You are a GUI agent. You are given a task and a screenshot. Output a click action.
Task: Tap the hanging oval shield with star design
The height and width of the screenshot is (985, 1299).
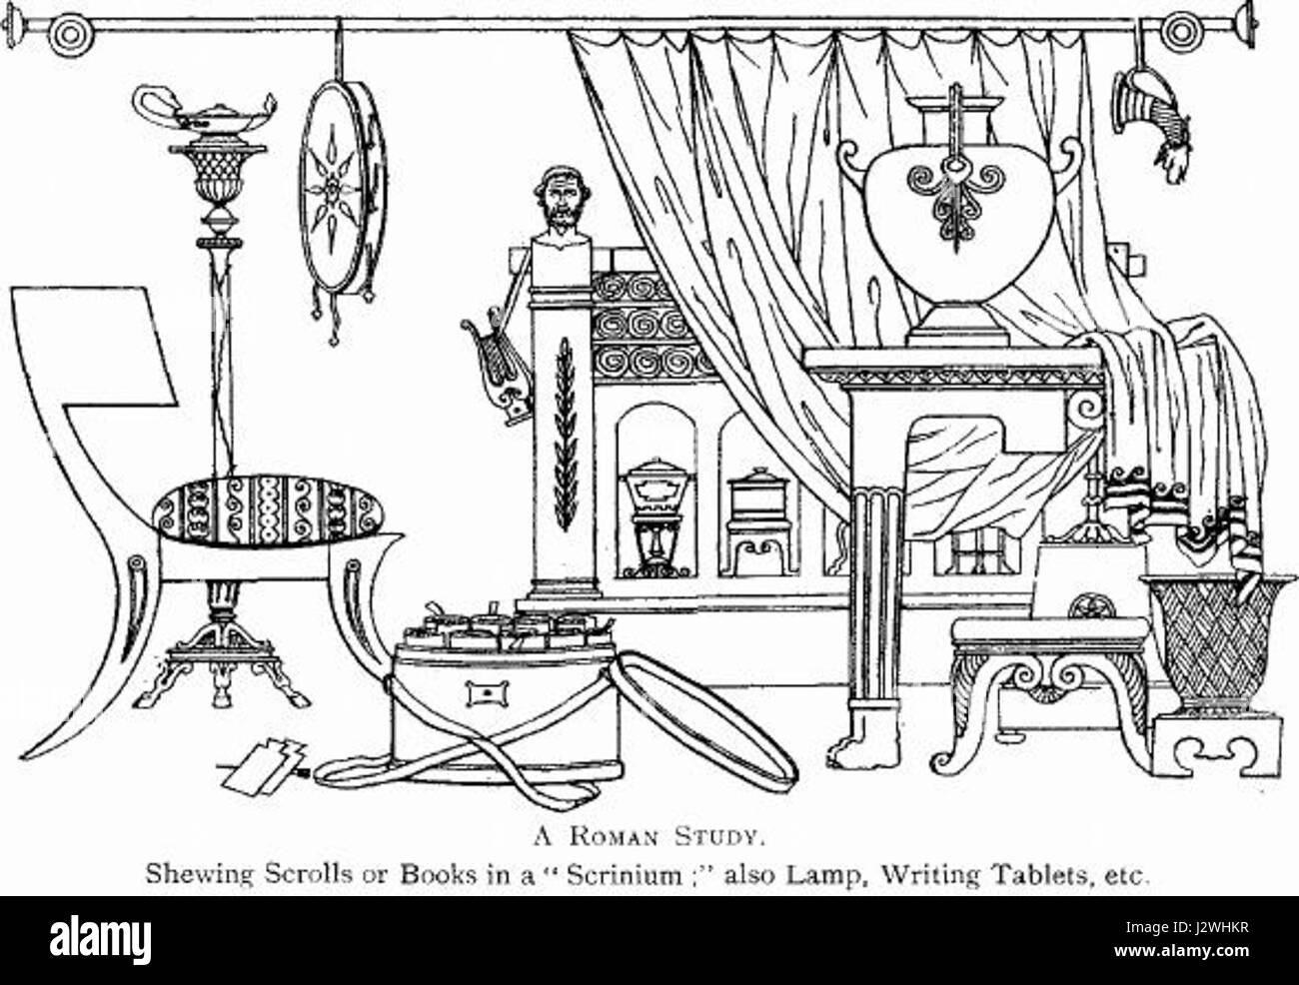343,187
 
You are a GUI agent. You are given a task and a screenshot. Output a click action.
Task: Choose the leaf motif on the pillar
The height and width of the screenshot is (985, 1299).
564,435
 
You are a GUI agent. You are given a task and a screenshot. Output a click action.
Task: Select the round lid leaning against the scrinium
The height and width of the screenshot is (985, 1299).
705,720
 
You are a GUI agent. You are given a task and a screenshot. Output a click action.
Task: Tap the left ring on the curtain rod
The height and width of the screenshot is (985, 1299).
70,34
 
